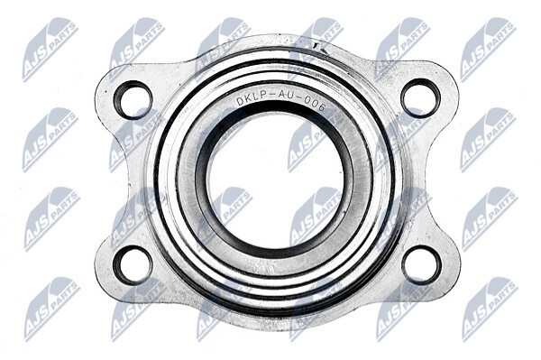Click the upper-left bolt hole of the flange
[x=133, y=100]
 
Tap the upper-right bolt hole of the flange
[x=420, y=98]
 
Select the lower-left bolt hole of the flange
[x=133, y=265]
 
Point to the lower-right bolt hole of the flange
[x=422, y=264]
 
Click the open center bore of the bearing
[x=276, y=184]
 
